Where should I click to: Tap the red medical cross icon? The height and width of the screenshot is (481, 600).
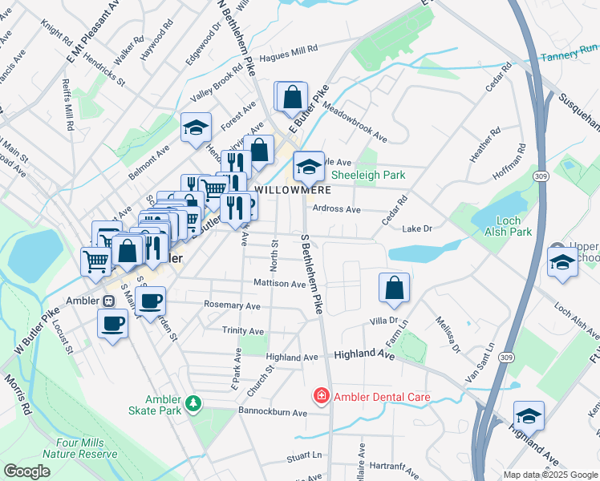(321, 396)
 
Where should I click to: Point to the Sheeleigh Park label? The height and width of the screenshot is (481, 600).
(368, 174)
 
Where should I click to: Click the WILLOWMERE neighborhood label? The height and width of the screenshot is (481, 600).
(288, 190)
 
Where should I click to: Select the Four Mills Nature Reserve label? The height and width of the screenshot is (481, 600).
(87, 447)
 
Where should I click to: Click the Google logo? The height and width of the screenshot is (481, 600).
(26, 471)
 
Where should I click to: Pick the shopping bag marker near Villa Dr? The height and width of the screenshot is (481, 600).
(395, 289)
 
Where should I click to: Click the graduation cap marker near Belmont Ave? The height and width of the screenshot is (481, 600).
(195, 128)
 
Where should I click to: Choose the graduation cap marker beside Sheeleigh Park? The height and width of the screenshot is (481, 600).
(307, 167)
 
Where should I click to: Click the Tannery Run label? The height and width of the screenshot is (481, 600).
(570, 57)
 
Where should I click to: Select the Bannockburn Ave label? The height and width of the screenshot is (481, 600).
(272, 413)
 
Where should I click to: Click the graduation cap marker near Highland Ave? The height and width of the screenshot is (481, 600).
(529, 416)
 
